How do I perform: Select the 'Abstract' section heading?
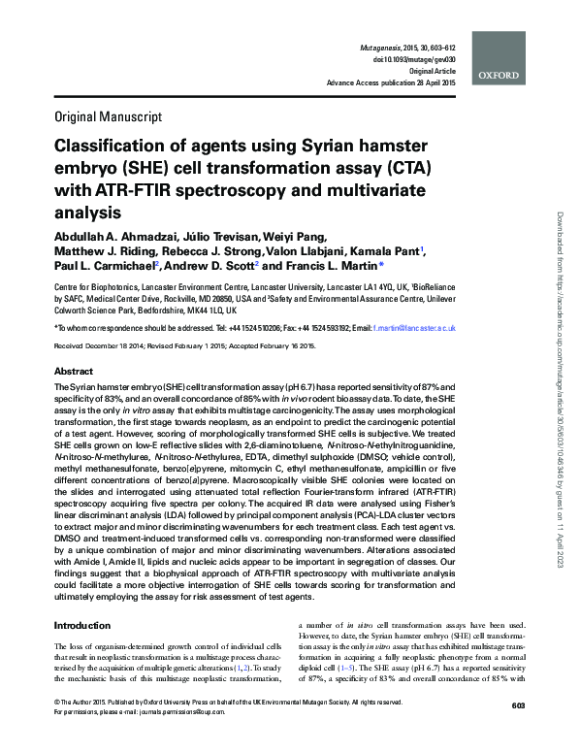[74, 372]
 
